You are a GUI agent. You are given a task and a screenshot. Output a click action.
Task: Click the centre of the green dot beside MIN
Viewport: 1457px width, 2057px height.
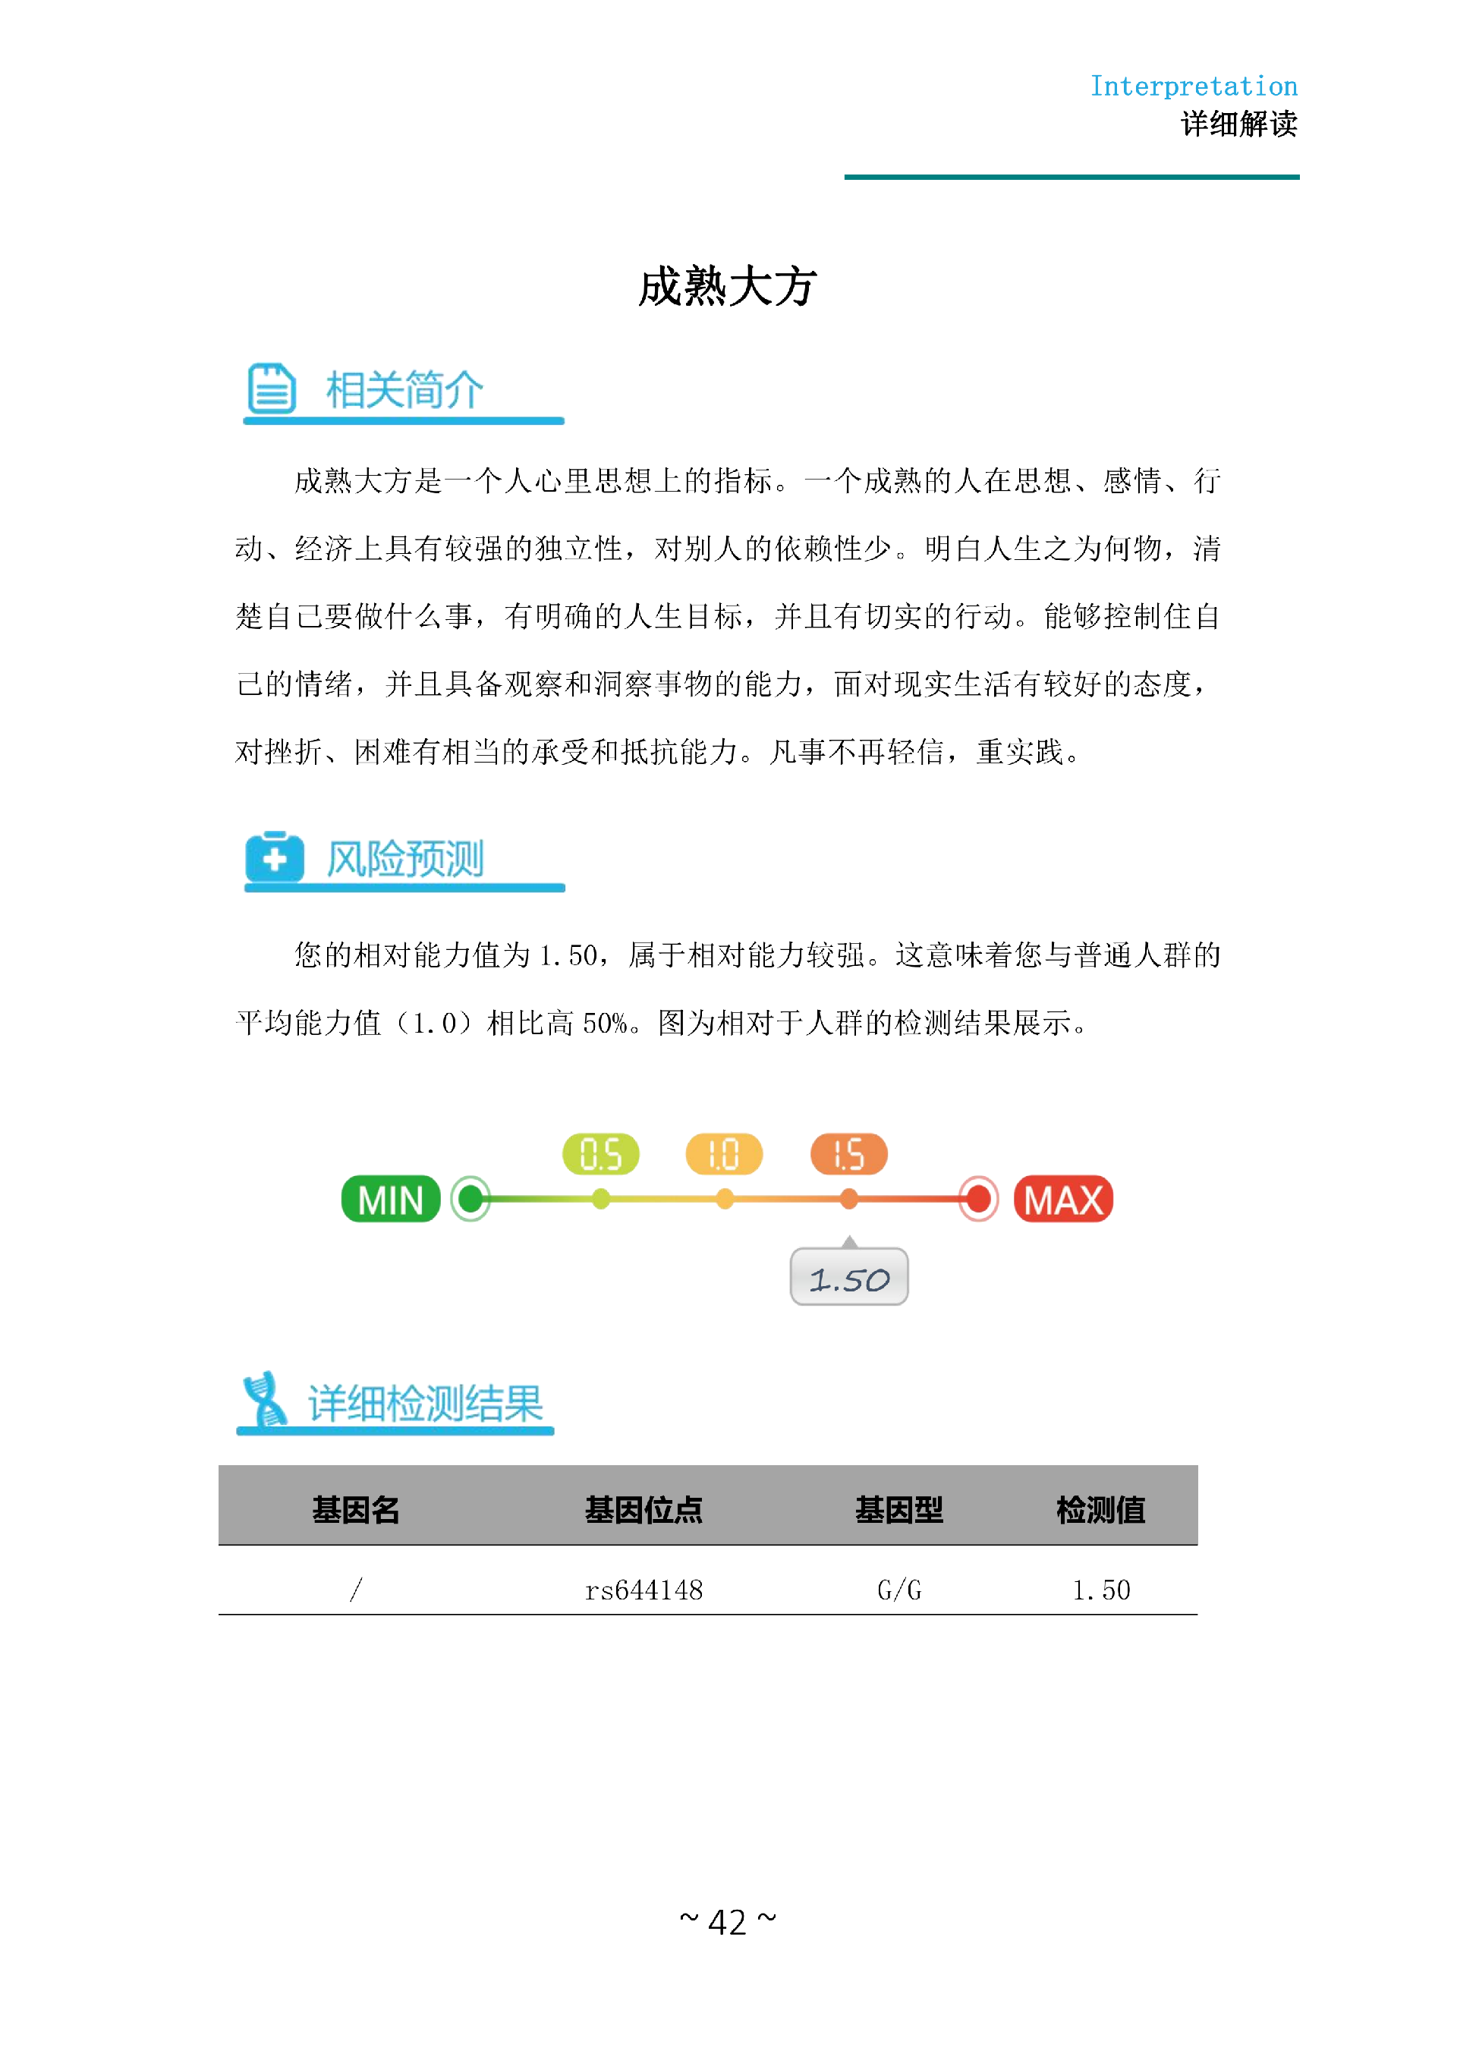click(x=470, y=1199)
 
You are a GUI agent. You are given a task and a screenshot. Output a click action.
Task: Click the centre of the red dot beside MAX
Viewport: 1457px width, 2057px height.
click(x=978, y=1199)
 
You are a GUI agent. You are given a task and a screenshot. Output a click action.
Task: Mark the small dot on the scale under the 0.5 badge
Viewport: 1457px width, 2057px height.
click(x=601, y=1199)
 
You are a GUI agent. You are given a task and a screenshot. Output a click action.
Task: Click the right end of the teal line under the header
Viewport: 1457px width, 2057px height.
click(x=1299, y=177)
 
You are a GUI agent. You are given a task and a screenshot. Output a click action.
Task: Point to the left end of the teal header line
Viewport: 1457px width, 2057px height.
click(x=845, y=177)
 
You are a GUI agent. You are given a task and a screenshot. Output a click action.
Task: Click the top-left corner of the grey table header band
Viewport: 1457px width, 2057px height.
click(x=219, y=1466)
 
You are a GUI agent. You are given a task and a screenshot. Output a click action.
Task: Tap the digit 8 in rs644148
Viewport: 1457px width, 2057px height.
click(x=696, y=1590)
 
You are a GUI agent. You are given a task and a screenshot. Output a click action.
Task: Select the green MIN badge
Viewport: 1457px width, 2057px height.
click(x=390, y=1199)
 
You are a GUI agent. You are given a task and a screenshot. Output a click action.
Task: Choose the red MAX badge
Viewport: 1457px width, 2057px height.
click(x=1063, y=1199)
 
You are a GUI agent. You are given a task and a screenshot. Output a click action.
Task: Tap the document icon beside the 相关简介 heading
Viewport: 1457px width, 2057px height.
click(x=271, y=388)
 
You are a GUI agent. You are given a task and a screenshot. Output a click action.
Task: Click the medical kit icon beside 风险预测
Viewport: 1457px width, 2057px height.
click(x=275, y=857)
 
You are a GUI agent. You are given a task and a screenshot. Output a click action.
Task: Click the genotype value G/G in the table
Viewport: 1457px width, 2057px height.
click(x=899, y=1590)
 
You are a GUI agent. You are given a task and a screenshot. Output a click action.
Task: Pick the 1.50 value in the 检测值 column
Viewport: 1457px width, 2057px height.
click(x=1101, y=1590)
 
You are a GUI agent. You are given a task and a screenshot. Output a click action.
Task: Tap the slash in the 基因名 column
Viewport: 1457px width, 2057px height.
click(x=356, y=1590)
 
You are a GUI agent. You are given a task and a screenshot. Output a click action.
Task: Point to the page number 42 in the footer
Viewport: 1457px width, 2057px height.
click(x=728, y=1923)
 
